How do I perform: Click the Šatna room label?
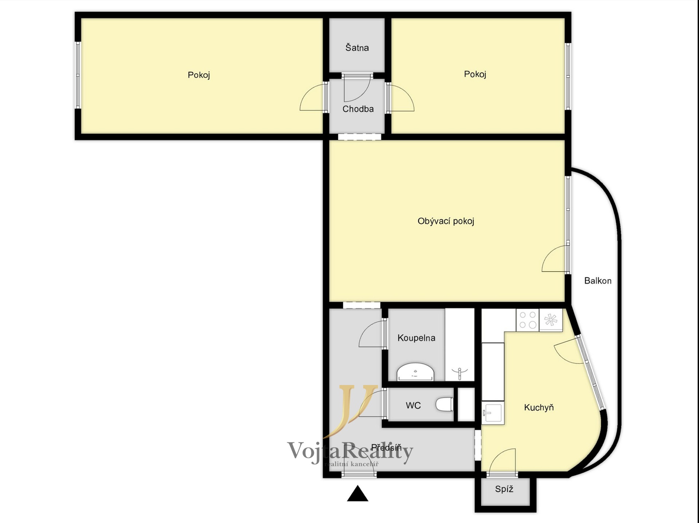(x=357, y=48)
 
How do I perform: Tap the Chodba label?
(x=358, y=109)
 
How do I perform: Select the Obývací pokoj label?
(x=446, y=221)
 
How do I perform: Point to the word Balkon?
(x=597, y=281)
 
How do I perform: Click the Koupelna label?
(x=416, y=338)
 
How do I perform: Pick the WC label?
(x=413, y=405)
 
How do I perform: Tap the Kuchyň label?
(x=539, y=407)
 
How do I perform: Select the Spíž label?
(x=504, y=489)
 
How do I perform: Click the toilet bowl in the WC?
(x=445, y=404)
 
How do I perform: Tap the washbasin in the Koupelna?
(x=415, y=372)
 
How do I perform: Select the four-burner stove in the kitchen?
(x=528, y=320)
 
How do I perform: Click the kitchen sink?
(x=493, y=413)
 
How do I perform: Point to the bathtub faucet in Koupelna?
(x=459, y=373)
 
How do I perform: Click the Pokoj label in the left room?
(x=199, y=75)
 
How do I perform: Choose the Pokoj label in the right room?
(x=475, y=75)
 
